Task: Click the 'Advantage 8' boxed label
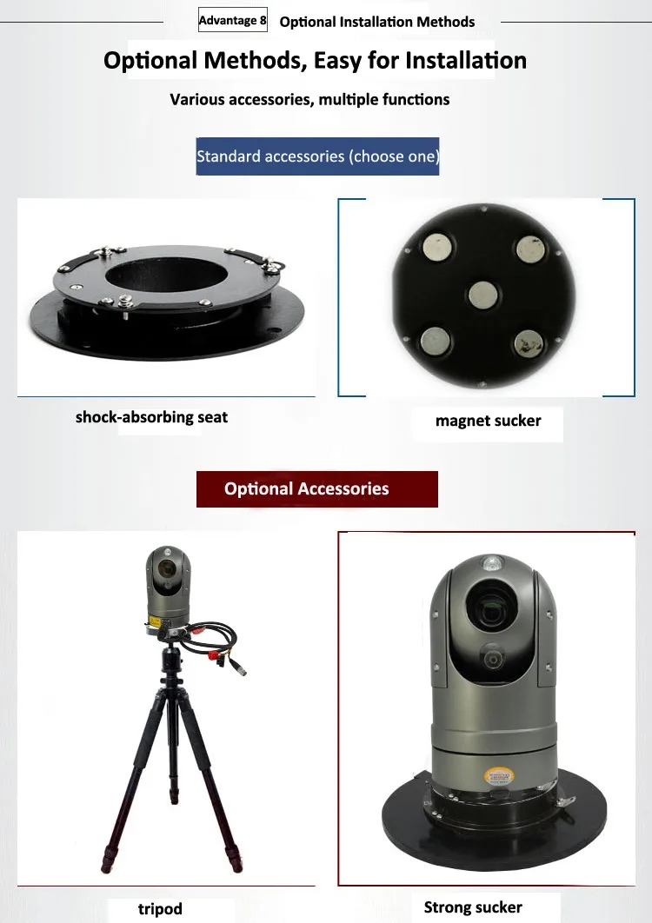pos(232,20)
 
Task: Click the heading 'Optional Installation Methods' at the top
pos(377,22)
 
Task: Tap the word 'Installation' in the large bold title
pos(456,61)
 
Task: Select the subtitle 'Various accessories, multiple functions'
pos(309,99)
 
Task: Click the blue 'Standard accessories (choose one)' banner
pos(317,156)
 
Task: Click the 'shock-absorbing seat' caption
pos(151,417)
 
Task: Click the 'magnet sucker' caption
pos(488,422)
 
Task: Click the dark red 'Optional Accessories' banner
pos(317,488)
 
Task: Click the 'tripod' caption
pos(160,909)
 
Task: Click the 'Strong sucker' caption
pos(473,907)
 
